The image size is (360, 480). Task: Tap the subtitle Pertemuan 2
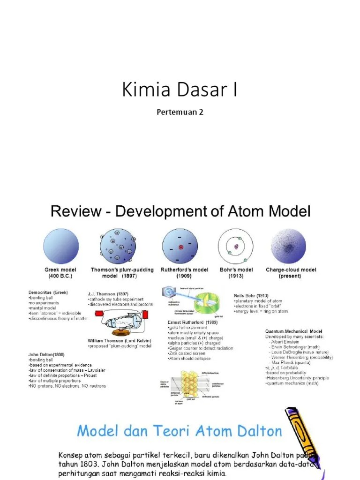click(x=180, y=112)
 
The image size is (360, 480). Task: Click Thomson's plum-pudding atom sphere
click(x=117, y=245)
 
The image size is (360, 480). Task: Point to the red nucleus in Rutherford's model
click(x=180, y=247)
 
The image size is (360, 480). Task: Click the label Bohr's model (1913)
click(x=236, y=273)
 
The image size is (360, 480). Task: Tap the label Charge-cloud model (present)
click(x=291, y=273)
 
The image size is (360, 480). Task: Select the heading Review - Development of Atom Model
click(x=180, y=211)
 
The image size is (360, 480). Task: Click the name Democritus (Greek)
click(x=48, y=292)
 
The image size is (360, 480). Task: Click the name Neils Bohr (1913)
click(x=251, y=296)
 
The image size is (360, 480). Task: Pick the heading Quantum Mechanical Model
click(x=293, y=331)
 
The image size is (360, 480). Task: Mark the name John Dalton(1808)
click(x=46, y=354)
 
